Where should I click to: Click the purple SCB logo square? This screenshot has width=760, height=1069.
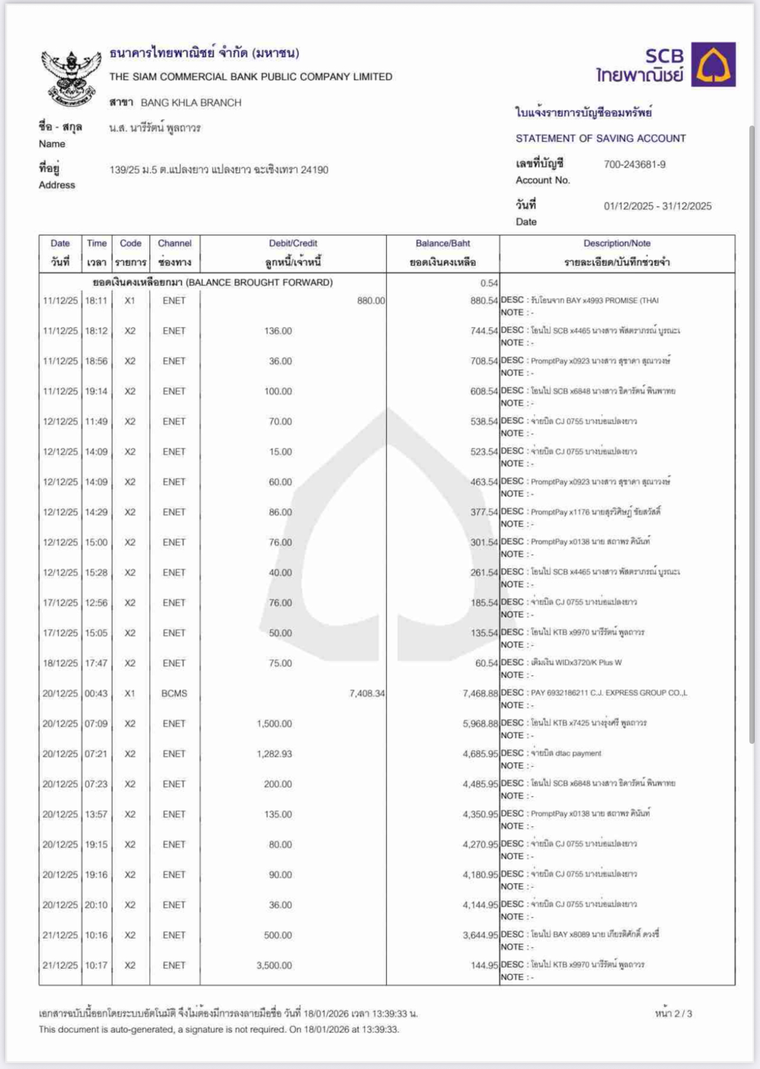click(713, 65)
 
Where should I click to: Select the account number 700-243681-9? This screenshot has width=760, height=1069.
click(634, 165)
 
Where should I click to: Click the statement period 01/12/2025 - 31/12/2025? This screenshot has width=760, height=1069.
click(657, 206)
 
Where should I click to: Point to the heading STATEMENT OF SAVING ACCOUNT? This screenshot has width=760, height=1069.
click(600, 139)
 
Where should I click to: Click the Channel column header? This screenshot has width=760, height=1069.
click(175, 243)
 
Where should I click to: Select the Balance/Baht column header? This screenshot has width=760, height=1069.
click(442, 243)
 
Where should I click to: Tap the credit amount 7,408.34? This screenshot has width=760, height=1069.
click(366, 694)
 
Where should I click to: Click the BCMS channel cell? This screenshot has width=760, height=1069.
click(174, 694)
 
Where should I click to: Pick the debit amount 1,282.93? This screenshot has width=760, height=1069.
click(274, 754)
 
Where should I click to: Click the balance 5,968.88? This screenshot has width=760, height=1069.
click(480, 724)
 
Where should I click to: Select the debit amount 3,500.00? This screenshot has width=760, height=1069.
click(274, 965)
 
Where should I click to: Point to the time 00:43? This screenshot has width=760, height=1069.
click(96, 694)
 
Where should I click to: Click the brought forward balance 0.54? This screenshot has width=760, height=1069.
click(489, 283)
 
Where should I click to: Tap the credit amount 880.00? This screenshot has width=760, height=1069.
click(371, 301)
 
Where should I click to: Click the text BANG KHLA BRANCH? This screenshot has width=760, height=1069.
click(191, 103)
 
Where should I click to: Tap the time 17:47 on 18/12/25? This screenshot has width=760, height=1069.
click(96, 663)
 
